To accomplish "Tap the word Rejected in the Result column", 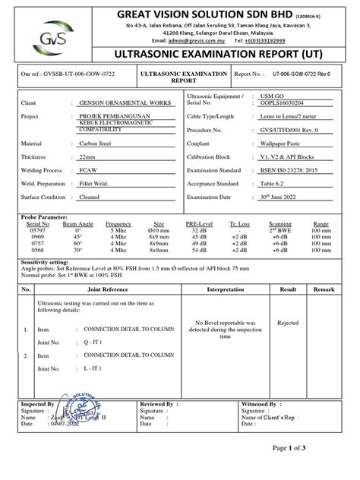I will [288, 322].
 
